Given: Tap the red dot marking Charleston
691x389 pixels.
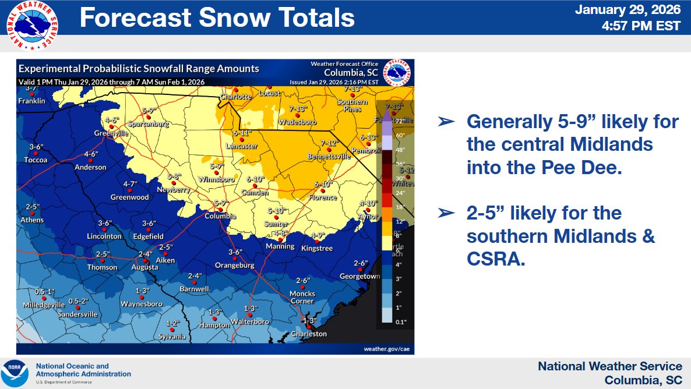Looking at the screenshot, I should click(308, 327).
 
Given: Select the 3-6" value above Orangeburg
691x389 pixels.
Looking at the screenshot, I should click(235, 252).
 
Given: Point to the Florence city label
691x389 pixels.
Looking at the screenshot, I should click(323, 197).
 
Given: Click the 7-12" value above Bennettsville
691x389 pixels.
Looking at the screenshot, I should click(329, 143).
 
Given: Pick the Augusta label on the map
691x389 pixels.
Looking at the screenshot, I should click(144, 267).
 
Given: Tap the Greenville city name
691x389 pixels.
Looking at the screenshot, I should click(111, 133).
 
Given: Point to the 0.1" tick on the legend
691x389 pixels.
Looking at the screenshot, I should click(400, 321).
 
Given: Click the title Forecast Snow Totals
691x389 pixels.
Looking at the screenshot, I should click(217, 18).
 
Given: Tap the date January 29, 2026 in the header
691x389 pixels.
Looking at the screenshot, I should click(628, 10).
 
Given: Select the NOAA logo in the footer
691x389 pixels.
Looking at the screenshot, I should click(15, 373).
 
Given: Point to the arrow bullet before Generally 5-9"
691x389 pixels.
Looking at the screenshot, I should click(446, 121).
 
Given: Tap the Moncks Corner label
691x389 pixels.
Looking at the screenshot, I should click(302, 297).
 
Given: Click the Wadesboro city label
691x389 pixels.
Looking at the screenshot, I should click(297, 122).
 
